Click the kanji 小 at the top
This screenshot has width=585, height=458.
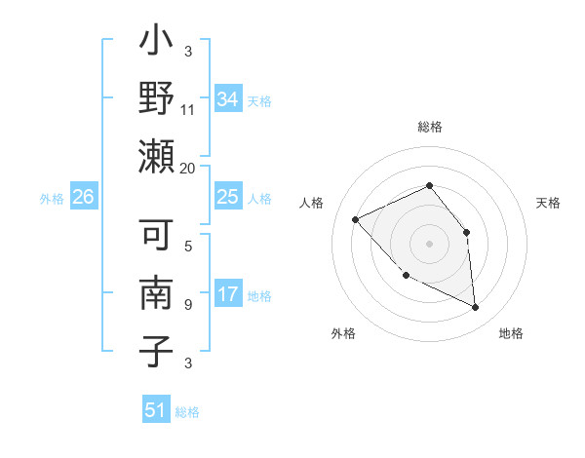tap(156, 45)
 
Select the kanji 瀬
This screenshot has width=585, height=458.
tap(156, 156)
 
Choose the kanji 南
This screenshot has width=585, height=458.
tap(156, 293)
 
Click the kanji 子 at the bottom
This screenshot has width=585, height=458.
tap(156, 351)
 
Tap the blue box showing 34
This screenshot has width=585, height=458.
tap(228, 98)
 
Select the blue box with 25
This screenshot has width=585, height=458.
tap(228, 197)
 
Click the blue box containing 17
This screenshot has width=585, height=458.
tap(228, 294)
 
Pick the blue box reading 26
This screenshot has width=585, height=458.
tap(84, 197)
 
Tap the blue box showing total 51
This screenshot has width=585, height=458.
tap(156, 410)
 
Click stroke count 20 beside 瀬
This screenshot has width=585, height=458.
tap(187, 168)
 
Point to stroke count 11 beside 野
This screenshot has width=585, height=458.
tap(187, 109)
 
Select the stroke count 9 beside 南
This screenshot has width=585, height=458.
tap(187, 305)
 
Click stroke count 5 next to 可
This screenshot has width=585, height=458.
tap(187, 247)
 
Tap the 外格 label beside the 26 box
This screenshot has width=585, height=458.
tap(52, 198)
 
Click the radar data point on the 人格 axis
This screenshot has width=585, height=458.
tap(356, 219)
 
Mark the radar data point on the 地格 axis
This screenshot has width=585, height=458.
tap(476, 307)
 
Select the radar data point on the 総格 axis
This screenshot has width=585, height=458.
tap(429, 185)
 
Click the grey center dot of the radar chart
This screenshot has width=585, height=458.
tap(429, 243)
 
